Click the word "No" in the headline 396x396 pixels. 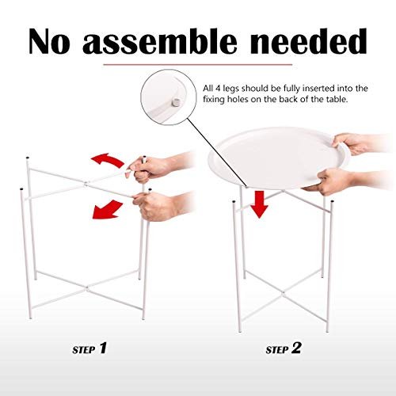point(49,42)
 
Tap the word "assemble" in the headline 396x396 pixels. point(160,41)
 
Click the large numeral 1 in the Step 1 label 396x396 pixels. point(103,348)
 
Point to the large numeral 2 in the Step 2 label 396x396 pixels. point(296,348)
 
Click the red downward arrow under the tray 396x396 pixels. point(259,204)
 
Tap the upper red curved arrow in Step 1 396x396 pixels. point(108,160)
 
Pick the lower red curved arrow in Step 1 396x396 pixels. point(107,210)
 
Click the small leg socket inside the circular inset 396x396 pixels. point(174,103)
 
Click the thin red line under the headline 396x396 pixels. point(198,64)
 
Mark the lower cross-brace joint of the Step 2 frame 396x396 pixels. point(283,293)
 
